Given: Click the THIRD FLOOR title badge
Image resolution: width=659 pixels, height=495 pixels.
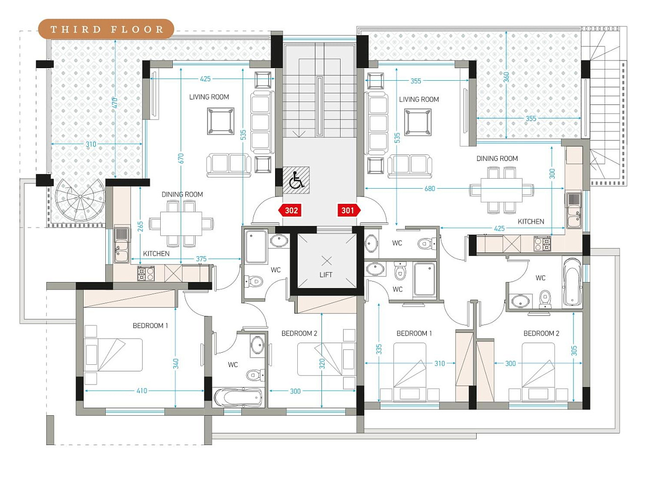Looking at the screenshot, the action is pyautogui.click(x=106, y=29).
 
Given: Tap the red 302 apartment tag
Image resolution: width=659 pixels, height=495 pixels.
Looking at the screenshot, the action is pyautogui.click(x=290, y=210).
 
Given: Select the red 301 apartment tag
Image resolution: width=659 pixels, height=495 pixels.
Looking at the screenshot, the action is pyautogui.click(x=349, y=210).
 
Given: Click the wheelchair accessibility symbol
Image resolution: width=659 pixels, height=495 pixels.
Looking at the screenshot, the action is pyautogui.click(x=296, y=180).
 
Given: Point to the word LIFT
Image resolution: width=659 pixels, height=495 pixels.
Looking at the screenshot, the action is pyautogui.click(x=326, y=274).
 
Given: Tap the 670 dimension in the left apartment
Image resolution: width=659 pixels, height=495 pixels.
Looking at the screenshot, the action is pyautogui.click(x=180, y=158).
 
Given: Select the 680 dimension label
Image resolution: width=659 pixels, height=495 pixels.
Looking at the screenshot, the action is pyautogui.click(x=430, y=188).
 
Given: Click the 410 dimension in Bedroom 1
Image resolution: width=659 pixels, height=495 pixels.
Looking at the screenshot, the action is pyautogui.click(x=142, y=391).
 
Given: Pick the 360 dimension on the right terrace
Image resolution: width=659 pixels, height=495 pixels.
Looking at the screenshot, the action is pyautogui.click(x=506, y=77).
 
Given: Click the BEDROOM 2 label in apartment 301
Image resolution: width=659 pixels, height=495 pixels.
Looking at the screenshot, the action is pyautogui.click(x=541, y=334).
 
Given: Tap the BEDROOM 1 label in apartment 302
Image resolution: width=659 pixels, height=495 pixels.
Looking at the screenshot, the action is pyautogui.click(x=151, y=325).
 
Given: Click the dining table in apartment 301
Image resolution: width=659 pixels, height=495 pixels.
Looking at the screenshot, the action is pyautogui.click(x=501, y=190).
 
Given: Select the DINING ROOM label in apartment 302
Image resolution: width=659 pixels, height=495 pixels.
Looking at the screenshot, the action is pyautogui.click(x=182, y=194).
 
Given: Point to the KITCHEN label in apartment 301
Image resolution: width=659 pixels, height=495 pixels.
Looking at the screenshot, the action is pyautogui.click(x=531, y=222).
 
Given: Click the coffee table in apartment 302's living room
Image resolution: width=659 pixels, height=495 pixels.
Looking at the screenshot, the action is pyautogui.click(x=221, y=121).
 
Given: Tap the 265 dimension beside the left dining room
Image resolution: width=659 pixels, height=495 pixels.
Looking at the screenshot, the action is pyautogui.click(x=140, y=227).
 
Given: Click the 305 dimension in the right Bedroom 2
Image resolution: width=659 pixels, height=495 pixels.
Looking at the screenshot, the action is pyautogui.click(x=574, y=351).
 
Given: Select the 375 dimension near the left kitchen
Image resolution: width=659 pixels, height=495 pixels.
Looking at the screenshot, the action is pyautogui.click(x=201, y=258).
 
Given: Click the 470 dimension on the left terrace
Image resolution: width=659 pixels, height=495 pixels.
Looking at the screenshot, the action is pyautogui.click(x=115, y=103).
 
